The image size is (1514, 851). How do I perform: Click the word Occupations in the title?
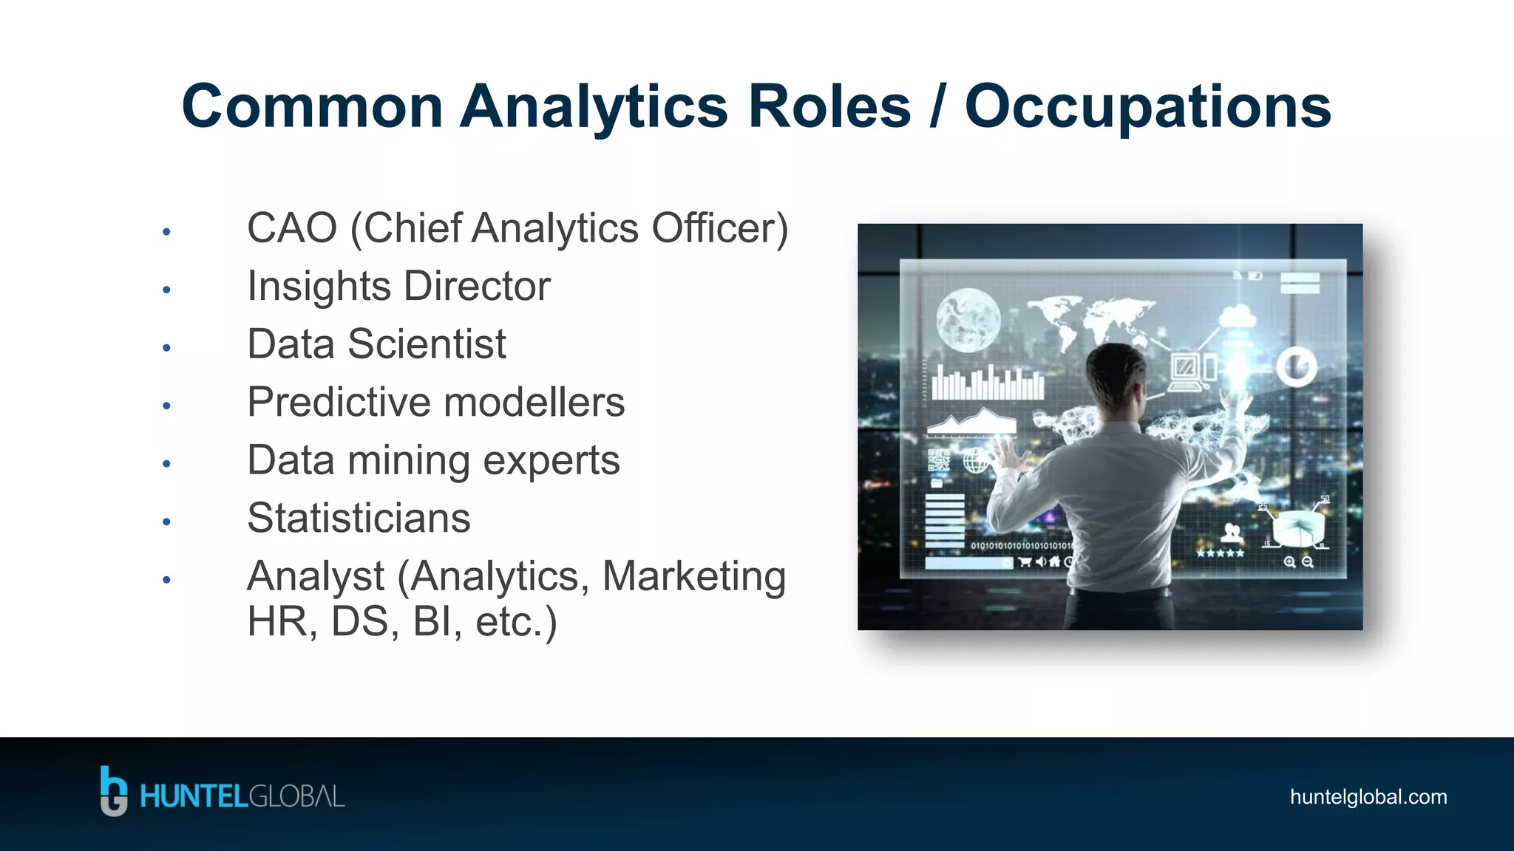click(1147, 107)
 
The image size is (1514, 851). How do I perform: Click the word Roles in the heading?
click(829, 107)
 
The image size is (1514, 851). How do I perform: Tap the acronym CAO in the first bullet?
click(292, 228)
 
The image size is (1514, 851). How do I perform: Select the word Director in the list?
click(477, 286)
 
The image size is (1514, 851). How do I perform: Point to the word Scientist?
click(427, 344)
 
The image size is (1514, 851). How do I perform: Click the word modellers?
click(534, 402)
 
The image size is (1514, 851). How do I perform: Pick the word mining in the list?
click(409, 461)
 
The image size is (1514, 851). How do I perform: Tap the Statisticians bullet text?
click(359, 518)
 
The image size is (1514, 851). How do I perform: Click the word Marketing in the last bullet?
click(693, 576)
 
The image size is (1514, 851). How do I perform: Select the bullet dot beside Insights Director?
click(167, 290)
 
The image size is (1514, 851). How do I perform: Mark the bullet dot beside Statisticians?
click(167, 522)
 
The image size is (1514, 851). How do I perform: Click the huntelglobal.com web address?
click(1368, 797)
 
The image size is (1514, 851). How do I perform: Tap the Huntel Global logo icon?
click(113, 791)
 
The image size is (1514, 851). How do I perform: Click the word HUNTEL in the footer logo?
click(193, 797)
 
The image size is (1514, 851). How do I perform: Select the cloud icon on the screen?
click(1237, 318)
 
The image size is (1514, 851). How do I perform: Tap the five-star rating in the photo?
click(1221, 553)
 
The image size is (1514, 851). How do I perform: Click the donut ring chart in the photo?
click(1297, 366)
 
